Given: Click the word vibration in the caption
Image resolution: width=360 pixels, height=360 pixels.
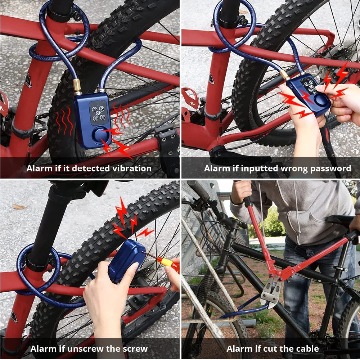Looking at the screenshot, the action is coord(132,168).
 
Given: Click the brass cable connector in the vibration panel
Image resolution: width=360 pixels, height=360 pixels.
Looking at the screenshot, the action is coord(77,86).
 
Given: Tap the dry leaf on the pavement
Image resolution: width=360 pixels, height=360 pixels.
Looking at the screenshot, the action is coord(19,207).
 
